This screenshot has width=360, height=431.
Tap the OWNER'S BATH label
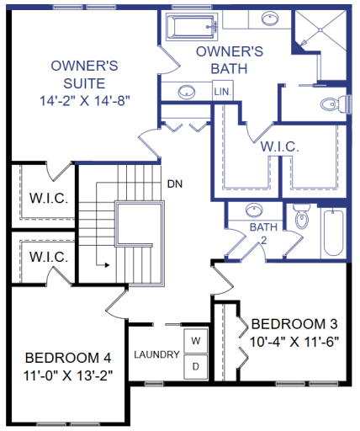click(230, 60)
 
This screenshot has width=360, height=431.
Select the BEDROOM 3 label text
click(295, 323)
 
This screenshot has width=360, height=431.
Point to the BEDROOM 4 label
click(68, 356)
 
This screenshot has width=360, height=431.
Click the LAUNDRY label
click(156, 354)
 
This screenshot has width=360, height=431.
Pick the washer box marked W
click(195, 341)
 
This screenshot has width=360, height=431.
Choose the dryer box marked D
click(195, 366)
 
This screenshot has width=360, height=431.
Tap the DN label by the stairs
click(175, 184)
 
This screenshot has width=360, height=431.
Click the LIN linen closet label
click(221, 91)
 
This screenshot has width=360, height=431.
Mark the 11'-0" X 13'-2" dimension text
click(68, 373)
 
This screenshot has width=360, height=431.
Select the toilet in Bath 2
click(302, 221)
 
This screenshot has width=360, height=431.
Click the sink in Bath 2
click(253, 210)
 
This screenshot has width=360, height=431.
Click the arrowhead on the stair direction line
click(108, 264)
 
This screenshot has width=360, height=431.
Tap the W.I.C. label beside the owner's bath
click(279, 146)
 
